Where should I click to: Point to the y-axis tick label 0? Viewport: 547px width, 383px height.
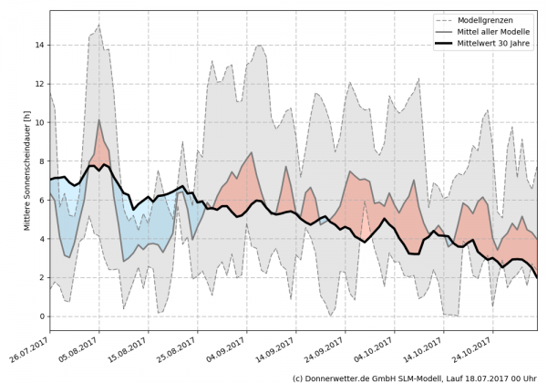[x=40, y=316]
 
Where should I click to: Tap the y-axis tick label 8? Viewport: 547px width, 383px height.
[x=40, y=161]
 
